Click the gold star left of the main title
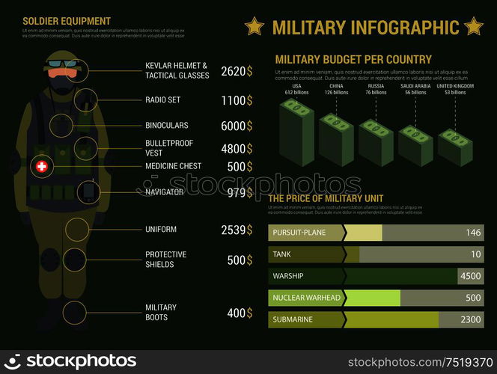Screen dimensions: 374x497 click(254, 27)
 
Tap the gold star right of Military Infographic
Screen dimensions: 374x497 click(473, 27)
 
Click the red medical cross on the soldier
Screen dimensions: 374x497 click(42, 166)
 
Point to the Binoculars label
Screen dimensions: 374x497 click(166, 125)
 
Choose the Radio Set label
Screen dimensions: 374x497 click(162, 99)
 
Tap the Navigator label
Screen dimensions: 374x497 click(165, 192)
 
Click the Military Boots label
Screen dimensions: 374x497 click(161, 312)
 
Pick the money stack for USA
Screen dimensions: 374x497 click(296, 132)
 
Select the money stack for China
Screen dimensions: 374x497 click(336, 138)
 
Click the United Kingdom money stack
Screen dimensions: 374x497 click(455, 147)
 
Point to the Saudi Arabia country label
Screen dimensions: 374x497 click(415, 86)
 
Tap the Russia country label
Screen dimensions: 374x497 click(376, 86)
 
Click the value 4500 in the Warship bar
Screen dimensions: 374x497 click(471, 276)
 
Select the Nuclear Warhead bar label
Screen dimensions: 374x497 click(307, 298)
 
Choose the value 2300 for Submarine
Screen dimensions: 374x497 click(471, 319)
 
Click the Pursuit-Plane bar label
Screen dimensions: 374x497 click(299, 233)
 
